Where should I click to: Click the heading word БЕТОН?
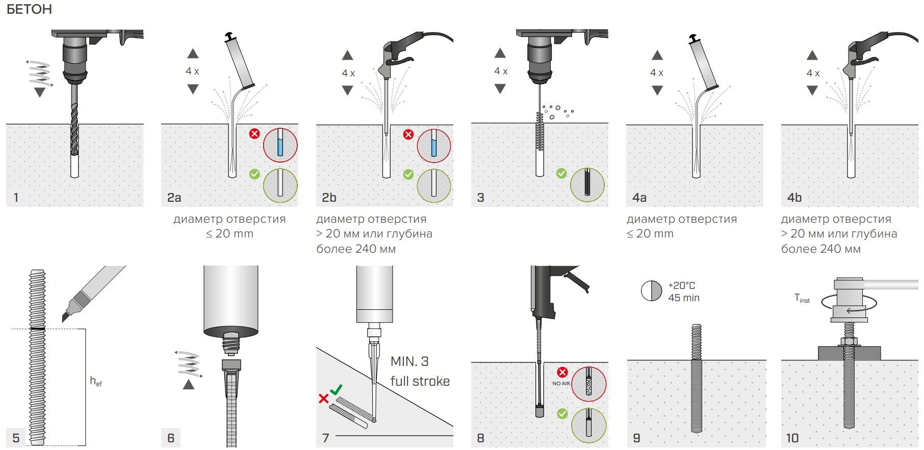[x=29, y=10]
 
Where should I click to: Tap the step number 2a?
[x=174, y=198]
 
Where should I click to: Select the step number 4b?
[x=794, y=198]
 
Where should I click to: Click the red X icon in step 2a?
[x=254, y=134]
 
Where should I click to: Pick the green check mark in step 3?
[x=561, y=173]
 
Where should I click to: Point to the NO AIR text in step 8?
[x=561, y=383]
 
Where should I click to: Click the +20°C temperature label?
[x=681, y=285]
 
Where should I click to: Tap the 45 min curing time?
[x=684, y=298]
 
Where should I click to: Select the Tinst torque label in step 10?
[x=802, y=299]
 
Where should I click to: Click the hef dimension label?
[x=96, y=381]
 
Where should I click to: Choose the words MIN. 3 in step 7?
[x=409, y=361]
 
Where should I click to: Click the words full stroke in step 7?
[x=420, y=381]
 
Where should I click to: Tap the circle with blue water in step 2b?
[x=434, y=145]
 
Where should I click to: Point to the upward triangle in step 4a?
[x=657, y=55]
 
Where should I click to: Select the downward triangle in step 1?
[x=39, y=92]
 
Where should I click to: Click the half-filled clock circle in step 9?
[x=651, y=291]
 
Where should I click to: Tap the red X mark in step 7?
[x=323, y=399]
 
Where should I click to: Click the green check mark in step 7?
[x=336, y=390]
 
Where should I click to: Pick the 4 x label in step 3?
[x=501, y=71]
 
